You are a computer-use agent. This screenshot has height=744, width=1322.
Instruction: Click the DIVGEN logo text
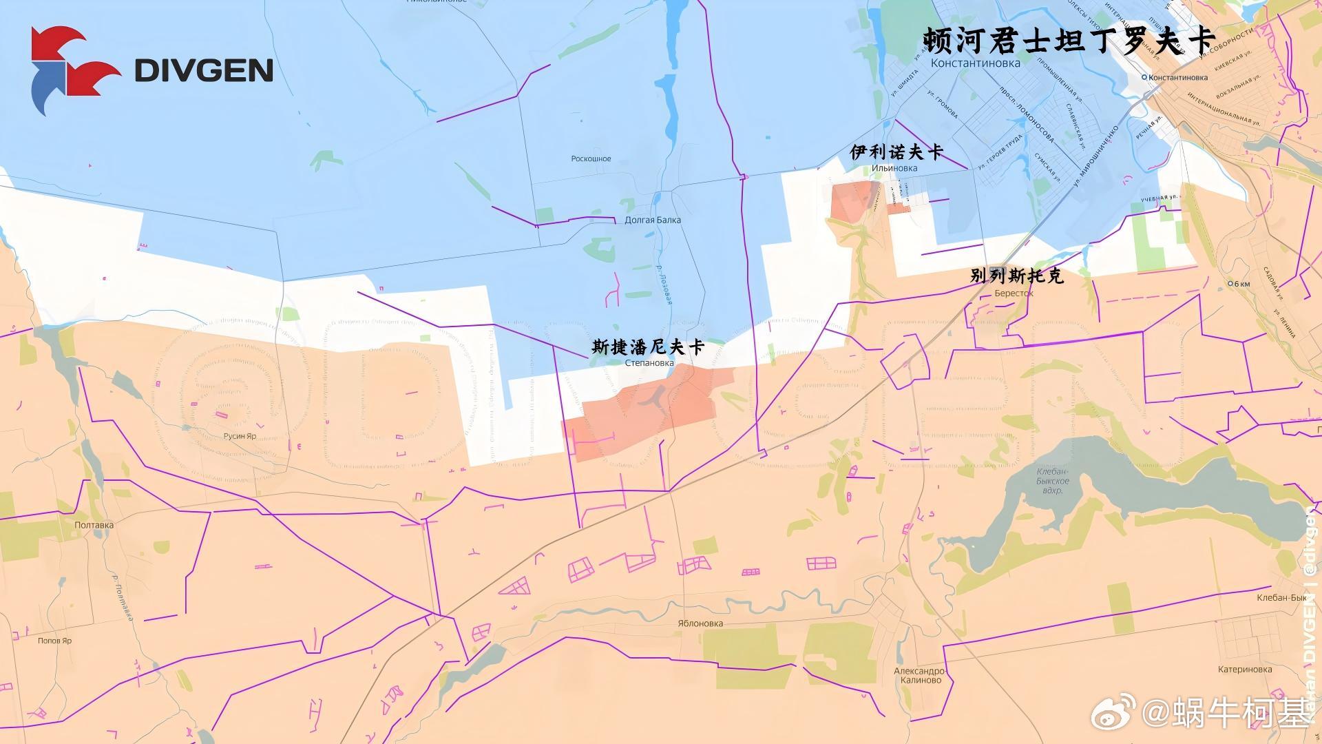click(204, 70)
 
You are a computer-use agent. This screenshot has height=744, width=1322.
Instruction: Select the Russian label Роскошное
click(591, 159)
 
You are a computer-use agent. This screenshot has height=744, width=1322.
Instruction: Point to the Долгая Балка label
click(652, 220)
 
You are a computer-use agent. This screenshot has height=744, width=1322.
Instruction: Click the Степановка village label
click(649, 363)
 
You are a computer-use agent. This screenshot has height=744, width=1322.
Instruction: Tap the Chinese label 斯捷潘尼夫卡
click(648, 347)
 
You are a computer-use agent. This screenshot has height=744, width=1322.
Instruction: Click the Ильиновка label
click(894, 168)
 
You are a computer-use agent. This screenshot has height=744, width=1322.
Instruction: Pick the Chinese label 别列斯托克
click(1016, 276)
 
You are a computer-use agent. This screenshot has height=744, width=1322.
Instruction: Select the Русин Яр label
click(240, 436)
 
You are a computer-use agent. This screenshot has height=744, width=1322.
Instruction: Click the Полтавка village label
click(94, 525)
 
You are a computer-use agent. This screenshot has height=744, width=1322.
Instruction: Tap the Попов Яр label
click(54, 641)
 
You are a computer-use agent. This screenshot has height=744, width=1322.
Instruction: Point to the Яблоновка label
click(700, 623)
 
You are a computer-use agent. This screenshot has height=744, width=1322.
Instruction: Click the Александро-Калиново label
click(920, 675)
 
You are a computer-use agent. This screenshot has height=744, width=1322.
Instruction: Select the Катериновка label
click(1245, 670)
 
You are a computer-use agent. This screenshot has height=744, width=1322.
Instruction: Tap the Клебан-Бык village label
click(1281, 598)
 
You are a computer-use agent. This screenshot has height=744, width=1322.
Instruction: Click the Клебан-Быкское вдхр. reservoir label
click(1053, 481)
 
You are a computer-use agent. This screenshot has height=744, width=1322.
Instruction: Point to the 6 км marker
click(1239, 284)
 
